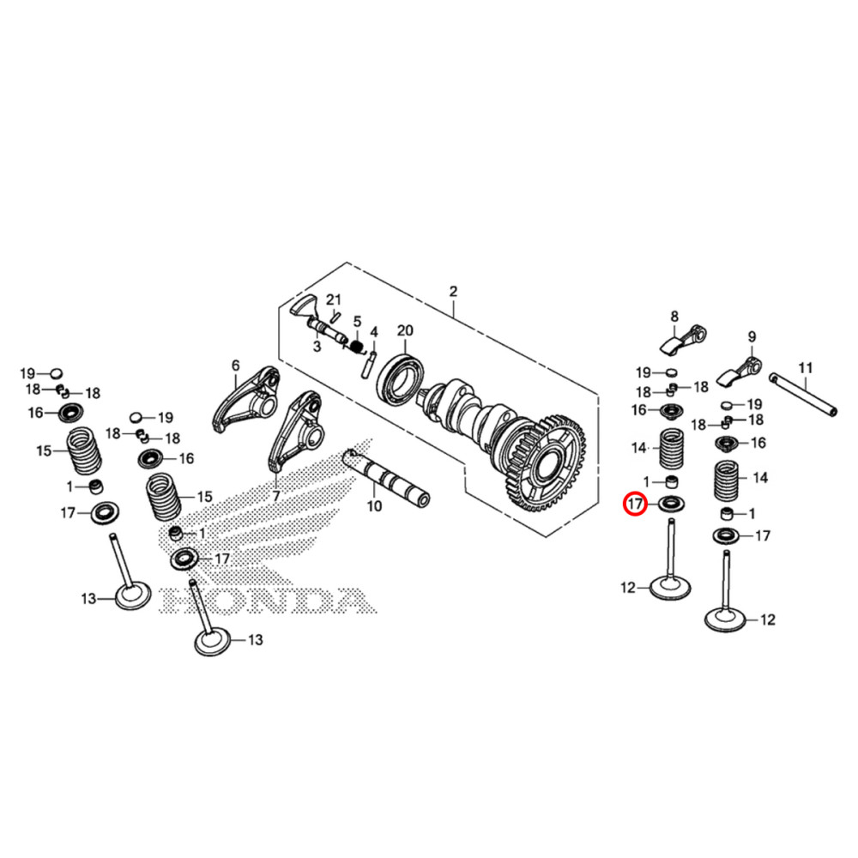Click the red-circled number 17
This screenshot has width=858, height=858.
click(635, 504)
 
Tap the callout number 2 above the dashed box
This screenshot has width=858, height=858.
click(453, 292)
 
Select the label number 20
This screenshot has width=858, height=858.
click(405, 330)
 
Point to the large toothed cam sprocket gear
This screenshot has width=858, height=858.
click(546, 462)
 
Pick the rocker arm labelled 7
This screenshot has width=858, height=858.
click(296, 431)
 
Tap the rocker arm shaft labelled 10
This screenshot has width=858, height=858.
click(386, 475)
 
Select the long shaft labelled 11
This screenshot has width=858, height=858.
click(803, 395)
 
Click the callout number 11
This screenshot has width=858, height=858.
click(806, 368)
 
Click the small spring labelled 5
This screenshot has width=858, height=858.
click(357, 347)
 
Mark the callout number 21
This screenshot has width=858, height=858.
click(333, 299)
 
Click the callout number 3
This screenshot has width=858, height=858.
click(317, 347)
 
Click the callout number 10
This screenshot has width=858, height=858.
click(374, 506)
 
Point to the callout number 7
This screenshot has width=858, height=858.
click(276, 496)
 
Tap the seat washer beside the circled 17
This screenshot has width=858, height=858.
click(672, 504)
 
